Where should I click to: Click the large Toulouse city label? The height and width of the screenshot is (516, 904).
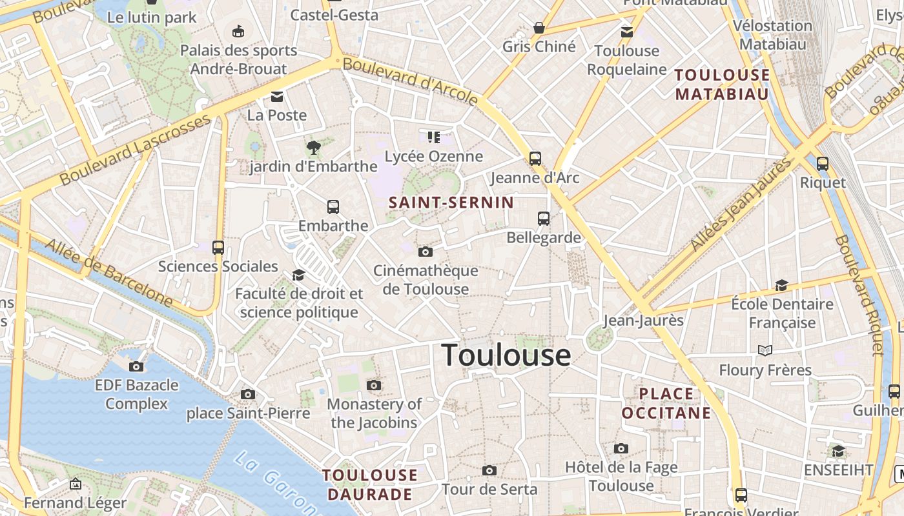pyautogui.click(x=506, y=355)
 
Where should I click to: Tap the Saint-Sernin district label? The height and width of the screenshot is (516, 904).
pyautogui.click(x=451, y=203)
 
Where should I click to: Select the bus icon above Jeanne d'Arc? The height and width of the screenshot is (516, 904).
pyautogui.click(x=535, y=158)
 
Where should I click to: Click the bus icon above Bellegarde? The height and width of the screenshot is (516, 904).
pyautogui.click(x=544, y=219)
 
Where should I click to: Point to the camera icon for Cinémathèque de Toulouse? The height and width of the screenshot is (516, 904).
pyautogui.click(x=425, y=252)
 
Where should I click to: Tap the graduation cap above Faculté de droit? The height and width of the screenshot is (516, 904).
pyautogui.click(x=298, y=275)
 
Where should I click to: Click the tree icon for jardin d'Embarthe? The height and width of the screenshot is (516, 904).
pyautogui.click(x=314, y=148)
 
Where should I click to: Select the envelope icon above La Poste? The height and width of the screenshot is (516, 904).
pyautogui.click(x=277, y=97)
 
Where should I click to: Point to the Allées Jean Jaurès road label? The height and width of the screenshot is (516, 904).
pyautogui.click(x=741, y=204)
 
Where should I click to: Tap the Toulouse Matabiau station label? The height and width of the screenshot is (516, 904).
pyautogui.click(x=723, y=84)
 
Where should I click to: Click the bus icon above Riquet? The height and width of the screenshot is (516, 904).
pyautogui.click(x=822, y=164)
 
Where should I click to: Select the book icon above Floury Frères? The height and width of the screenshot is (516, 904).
pyautogui.click(x=765, y=350)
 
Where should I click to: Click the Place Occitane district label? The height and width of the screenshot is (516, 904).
pyautogui.click(x=666, y=403)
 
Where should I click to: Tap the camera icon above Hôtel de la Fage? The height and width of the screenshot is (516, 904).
pyautogui.click(x=621, y=448)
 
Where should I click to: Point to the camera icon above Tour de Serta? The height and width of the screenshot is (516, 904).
pyautogui.click(x=489, y=470)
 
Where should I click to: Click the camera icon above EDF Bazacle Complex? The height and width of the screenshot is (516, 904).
pyautogui.click(x=136, y=366)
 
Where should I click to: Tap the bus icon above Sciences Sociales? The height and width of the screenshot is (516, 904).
pyautogui.click(x=218, y=247)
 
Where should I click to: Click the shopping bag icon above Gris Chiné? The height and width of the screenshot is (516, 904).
pyautogui.click(x=539, y=28)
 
